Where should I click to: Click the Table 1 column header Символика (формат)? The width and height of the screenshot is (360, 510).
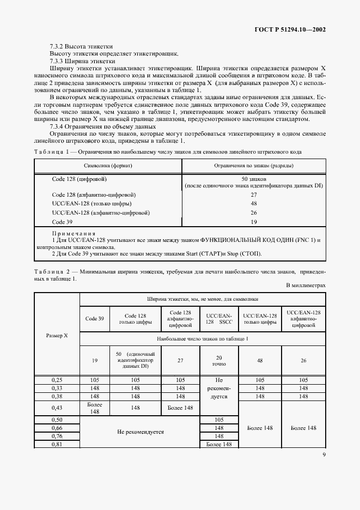(107, 165)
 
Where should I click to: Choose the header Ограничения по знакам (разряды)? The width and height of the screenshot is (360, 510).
(254, 165)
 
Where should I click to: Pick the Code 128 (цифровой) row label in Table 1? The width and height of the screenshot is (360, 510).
(79, 178)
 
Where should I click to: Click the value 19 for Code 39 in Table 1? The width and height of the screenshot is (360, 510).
(254, 222)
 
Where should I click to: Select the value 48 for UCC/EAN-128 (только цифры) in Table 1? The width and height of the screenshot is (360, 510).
(254, 204)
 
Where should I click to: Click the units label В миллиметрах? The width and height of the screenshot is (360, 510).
(306, 286)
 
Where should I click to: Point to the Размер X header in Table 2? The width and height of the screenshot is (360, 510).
(57, 336)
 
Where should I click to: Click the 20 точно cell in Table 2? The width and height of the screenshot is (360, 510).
(219, 361)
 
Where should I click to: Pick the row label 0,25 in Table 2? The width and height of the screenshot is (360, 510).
(57, 380)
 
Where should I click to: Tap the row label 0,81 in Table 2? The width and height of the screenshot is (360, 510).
(57, 445)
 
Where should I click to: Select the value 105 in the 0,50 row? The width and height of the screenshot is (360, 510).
(219, 420)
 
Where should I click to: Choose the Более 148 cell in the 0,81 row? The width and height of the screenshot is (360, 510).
(219, 445)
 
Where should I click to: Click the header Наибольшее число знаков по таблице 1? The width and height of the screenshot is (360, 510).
(203, 339)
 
